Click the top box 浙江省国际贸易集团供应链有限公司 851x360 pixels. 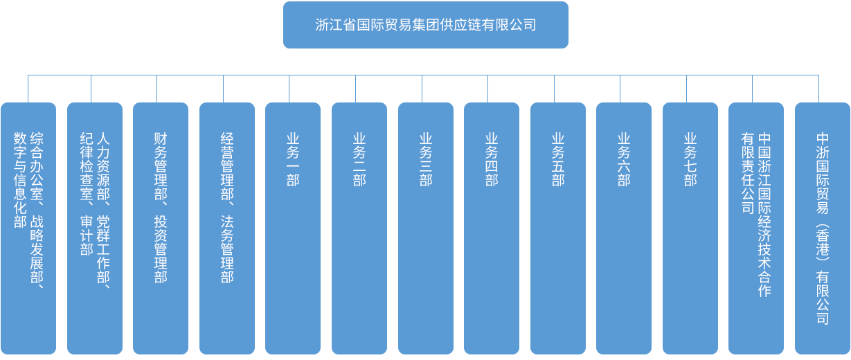425,25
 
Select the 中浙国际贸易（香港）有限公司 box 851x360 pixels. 822,228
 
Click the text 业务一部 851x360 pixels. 293,159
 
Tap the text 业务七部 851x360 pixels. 690,159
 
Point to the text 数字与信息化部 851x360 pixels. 20,180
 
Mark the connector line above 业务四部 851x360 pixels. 487,88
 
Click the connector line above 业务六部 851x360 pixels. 620,88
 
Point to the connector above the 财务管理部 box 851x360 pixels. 156,88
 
